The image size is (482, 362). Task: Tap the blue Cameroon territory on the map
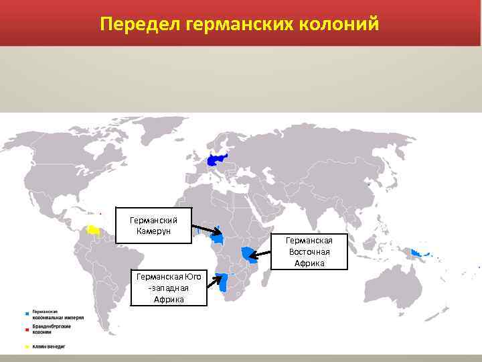(218, 237)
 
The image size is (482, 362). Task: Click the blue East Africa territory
(249, 254)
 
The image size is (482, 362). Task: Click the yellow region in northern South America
(94, 229)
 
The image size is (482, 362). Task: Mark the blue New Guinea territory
(420, 253)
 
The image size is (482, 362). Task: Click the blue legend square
(27, 314)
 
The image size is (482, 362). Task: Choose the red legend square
(27, 330)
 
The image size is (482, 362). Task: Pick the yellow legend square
(27, 347)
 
